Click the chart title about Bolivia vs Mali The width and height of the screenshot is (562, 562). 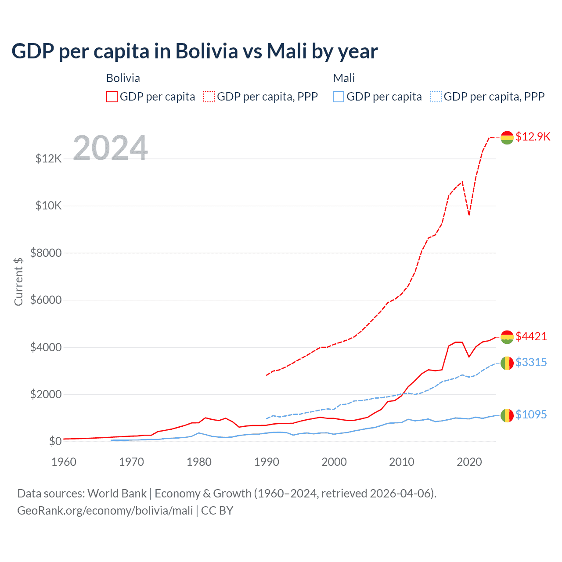195,51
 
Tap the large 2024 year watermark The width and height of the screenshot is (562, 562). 110,148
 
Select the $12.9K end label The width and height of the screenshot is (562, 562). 533,137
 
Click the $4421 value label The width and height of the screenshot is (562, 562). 531,336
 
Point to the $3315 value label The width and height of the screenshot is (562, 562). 531,362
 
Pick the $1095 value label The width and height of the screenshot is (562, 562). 531,414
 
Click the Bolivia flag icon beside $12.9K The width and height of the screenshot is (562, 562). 507,137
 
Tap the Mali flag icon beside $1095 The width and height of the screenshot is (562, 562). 507,415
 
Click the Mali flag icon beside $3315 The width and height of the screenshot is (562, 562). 507,363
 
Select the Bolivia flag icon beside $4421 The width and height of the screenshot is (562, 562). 507,337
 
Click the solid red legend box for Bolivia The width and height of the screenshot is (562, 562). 112,97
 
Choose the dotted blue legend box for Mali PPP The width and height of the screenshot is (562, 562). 436,97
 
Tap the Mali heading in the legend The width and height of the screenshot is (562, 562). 344,78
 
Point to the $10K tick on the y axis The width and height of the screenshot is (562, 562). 49,205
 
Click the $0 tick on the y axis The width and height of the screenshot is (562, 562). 55,441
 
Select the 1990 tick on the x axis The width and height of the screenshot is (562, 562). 267,462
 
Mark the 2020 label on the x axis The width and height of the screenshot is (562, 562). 469,462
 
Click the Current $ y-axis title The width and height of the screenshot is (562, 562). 18,281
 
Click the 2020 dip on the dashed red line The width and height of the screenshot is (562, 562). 469,215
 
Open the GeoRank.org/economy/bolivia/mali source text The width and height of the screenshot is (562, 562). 105,511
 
